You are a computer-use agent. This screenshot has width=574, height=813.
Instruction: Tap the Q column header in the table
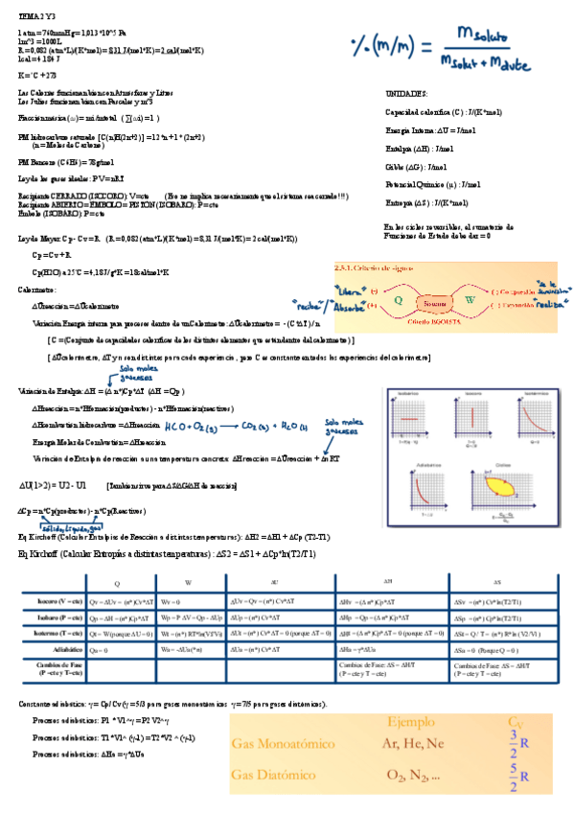click(x=118, y=582)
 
